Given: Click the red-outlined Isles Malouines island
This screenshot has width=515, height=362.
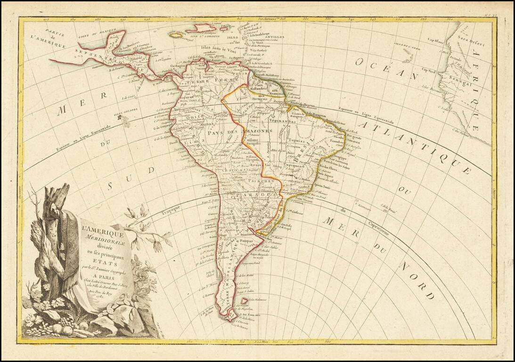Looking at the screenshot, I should [x=244, y=301].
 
